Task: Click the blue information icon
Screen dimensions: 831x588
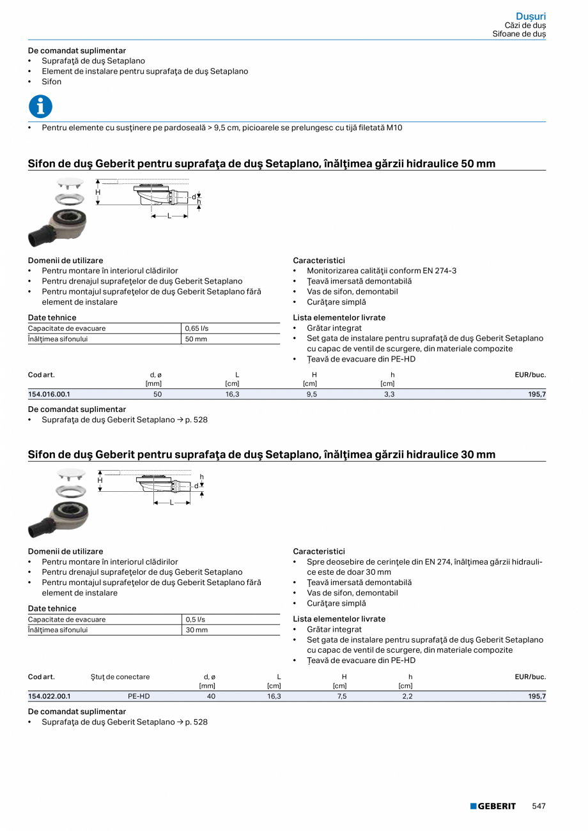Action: (x=40, y=107)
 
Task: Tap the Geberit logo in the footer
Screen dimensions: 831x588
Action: (x=493, y=806)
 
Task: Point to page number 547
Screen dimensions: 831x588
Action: (x=539, y=806)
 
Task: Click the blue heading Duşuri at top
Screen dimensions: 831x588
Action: (x=530, y=16)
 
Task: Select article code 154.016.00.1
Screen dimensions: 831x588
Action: (x=49, y=395)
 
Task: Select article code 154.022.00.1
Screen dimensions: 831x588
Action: (x=49, y=696)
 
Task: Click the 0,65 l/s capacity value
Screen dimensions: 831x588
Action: (x=197, y=328)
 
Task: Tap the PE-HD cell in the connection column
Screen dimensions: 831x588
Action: (x=139, y=696)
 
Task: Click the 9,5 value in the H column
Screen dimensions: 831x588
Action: (x=314, y=395)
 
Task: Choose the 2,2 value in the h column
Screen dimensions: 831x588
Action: (x=407, y=696)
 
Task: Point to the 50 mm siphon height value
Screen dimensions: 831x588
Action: (x=196, y=339)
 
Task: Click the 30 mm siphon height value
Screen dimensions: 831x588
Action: (x=196, y=630)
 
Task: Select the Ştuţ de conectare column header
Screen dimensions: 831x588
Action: (x=120, y=677)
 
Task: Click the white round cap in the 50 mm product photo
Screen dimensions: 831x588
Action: (x=70, y=183)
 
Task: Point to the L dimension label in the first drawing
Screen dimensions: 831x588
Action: (x=169, y=217)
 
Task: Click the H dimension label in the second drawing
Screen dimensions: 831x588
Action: (x=100, y=480)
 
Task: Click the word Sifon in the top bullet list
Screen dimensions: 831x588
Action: (x=52, y=82)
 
